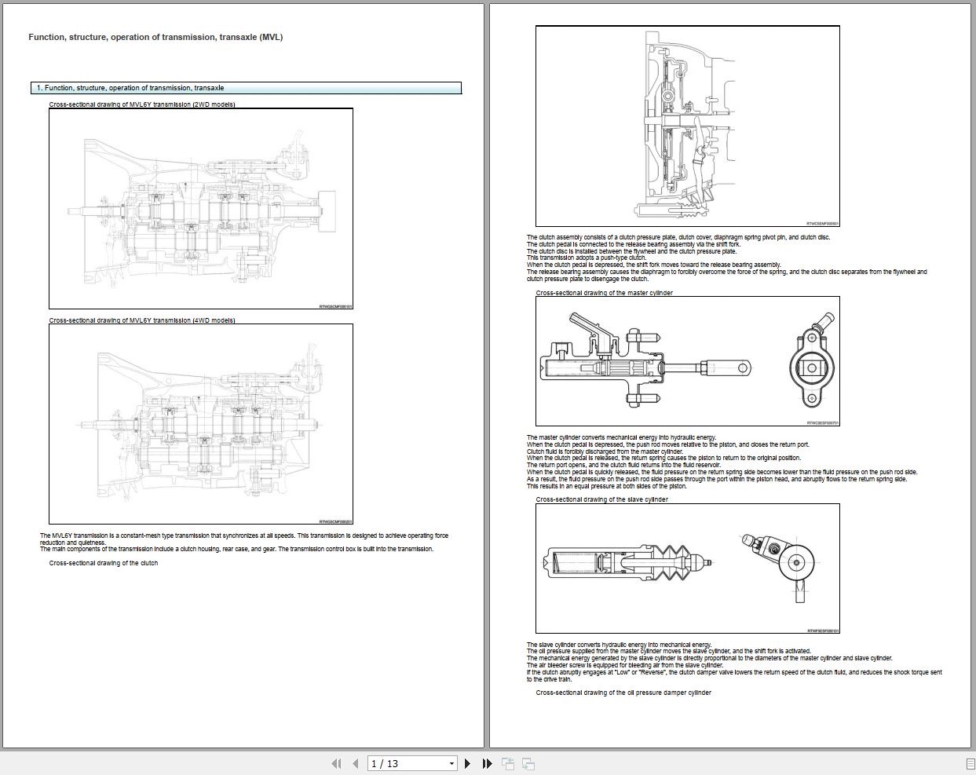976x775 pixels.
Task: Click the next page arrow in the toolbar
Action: click(468, 763)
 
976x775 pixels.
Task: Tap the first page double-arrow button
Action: click(336, 763)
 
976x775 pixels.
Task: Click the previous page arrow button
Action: click(356, 763)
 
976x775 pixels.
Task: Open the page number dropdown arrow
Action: click(451, 763)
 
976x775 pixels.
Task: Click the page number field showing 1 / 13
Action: click(405, 763)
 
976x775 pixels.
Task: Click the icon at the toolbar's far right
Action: click(970, 763)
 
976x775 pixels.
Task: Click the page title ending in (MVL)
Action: click(155, 37)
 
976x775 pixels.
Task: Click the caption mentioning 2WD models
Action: click(142, 104)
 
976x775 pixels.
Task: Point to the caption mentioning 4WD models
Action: click(142, 320)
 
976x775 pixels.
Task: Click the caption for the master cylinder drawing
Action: click(604, 293)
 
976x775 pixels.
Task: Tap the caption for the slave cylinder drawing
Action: click(601, 499)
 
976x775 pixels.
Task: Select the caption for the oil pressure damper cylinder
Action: click(623, 693)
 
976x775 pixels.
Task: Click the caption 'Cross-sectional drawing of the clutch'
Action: click(104, 563)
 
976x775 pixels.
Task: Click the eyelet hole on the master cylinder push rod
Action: click(742, 367)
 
